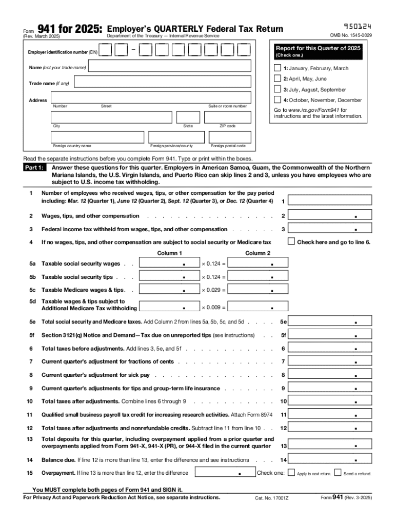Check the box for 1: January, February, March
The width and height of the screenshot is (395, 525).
[x=278, y=68]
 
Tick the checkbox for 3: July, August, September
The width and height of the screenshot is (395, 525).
[x=278, y=89]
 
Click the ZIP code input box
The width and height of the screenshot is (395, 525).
[x=228, y=117]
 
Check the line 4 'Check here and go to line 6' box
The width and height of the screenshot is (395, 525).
[x=291, y=241]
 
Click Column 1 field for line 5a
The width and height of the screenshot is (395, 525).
[x=169, y=264]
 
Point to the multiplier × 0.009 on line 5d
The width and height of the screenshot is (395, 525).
[x=213, y=308]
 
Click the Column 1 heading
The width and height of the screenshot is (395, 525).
[x=169, y=253]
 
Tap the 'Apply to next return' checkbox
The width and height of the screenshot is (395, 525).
[x=291, y=473]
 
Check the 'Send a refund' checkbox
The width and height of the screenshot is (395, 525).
[x=338, y=473]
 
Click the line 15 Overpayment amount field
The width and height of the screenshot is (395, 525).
[x=225, y=473]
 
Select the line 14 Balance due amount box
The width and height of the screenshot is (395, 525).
[x=330, y=460]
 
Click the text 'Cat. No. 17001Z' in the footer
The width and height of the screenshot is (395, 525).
[x=271, y=498]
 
